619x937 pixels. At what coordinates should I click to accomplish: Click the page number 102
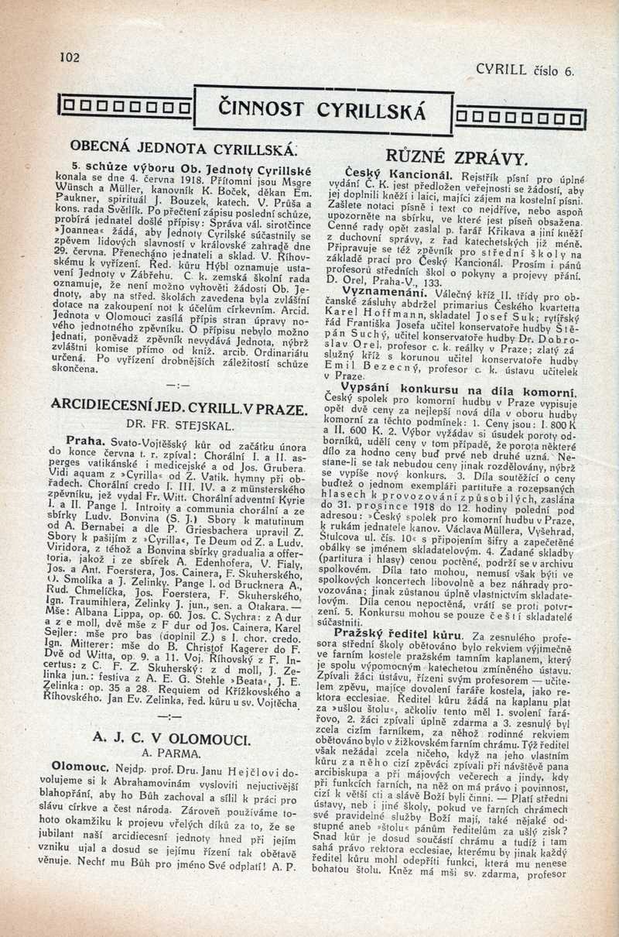click(70, 56)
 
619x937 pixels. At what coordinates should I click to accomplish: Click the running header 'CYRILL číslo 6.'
click(526, 70)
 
